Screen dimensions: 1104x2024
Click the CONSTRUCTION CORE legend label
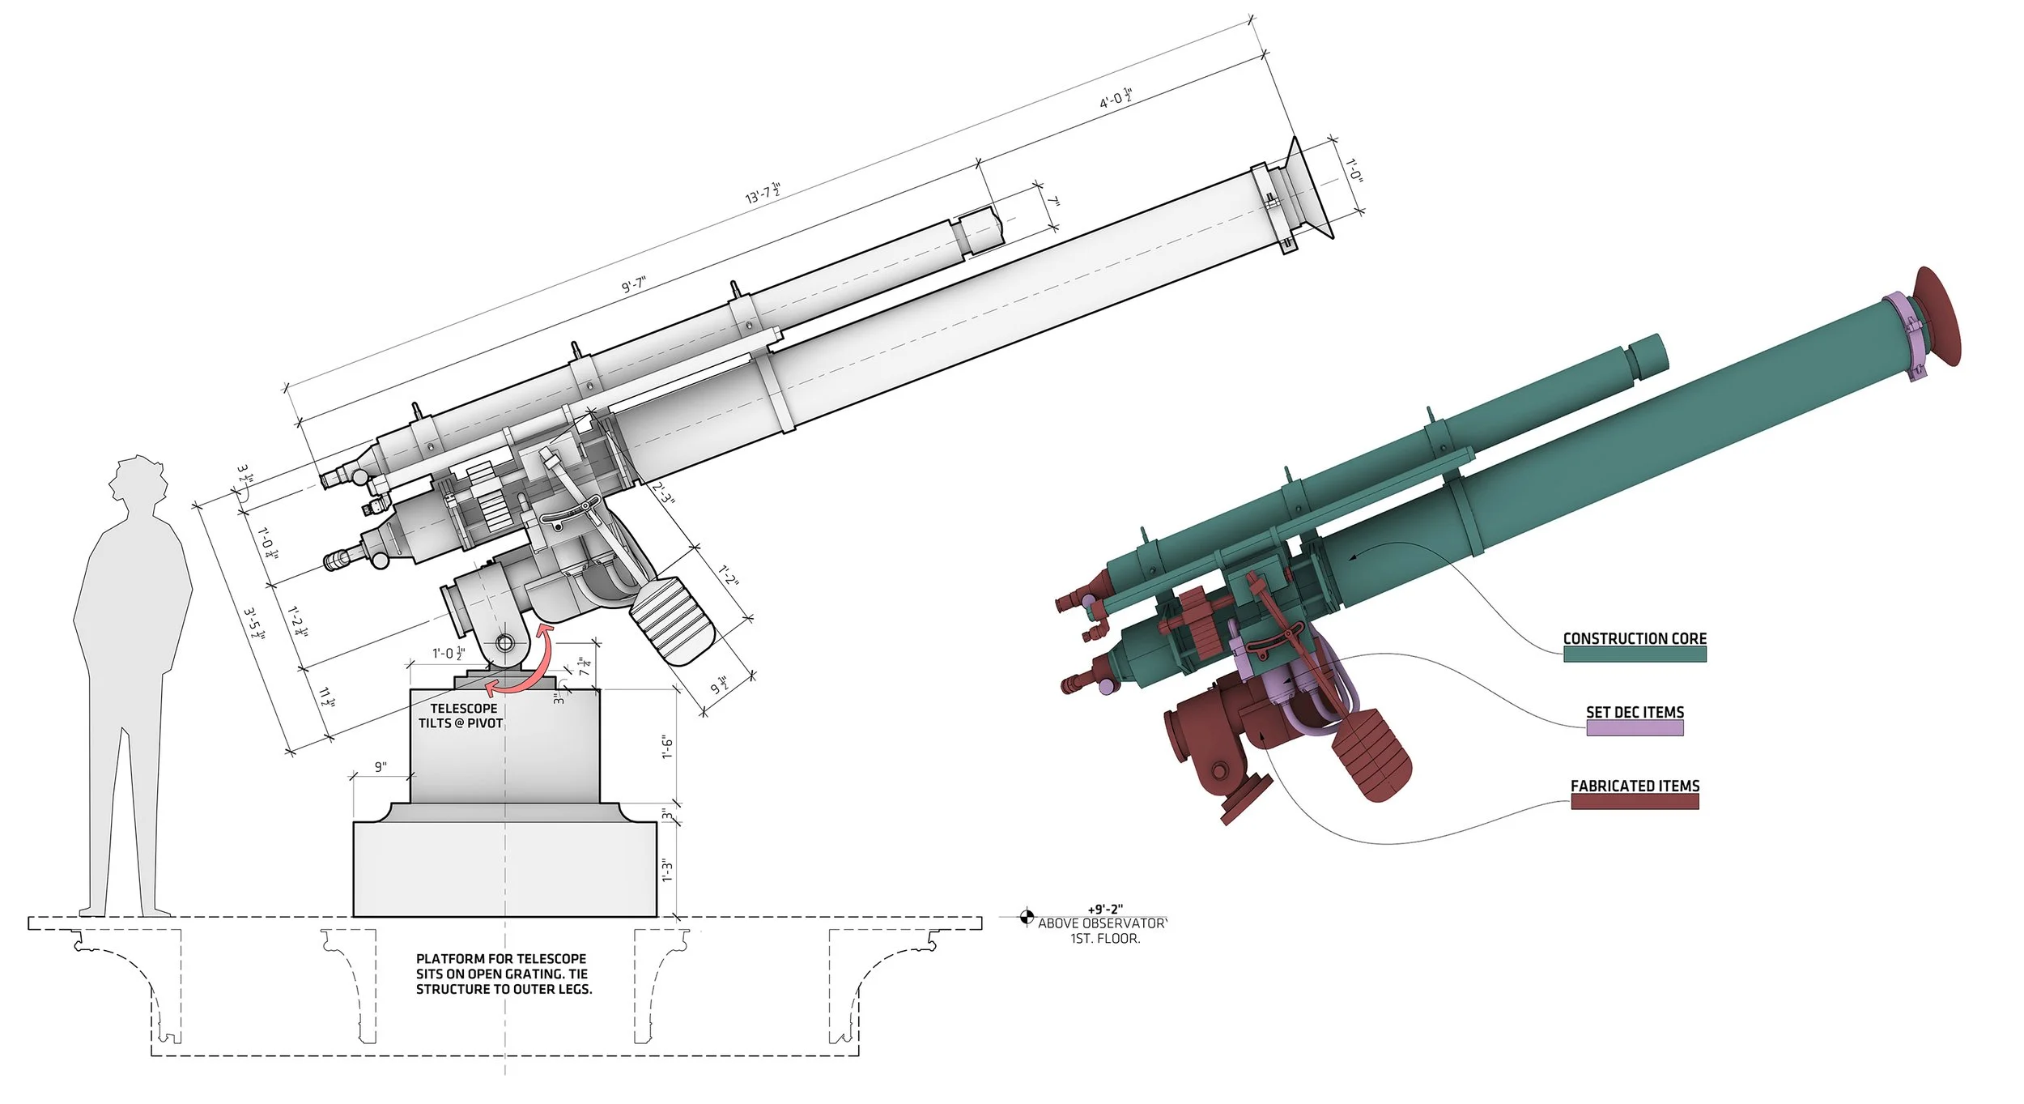(1634, 638)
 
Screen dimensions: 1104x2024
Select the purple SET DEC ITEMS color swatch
(1634, 727)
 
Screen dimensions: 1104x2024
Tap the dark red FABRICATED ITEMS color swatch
(1634, 801)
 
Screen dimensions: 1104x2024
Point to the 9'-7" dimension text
(634, 285)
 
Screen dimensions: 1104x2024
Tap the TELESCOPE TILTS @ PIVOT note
(461, 716)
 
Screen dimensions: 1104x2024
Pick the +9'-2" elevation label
(1105, 910)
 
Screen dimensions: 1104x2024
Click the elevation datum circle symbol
(1026, 917)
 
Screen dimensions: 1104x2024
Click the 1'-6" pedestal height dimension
(667, 747)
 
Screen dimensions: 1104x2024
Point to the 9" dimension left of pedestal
(381, 766)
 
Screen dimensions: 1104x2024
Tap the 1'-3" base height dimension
(667, 871)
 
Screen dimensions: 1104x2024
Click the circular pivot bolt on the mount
(504, 643)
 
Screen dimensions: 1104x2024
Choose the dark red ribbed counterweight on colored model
(1372, 753)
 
